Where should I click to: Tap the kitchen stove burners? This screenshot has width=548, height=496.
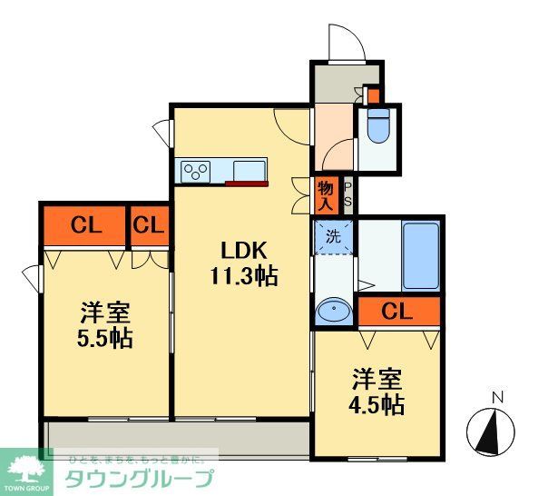196,169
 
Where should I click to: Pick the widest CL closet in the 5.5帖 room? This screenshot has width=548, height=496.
82,224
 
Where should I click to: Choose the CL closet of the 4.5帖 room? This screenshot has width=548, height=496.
396,312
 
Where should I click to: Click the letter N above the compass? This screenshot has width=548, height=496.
495,396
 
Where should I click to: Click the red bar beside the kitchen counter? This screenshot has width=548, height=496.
247,184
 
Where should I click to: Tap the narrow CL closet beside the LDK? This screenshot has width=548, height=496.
149,224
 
